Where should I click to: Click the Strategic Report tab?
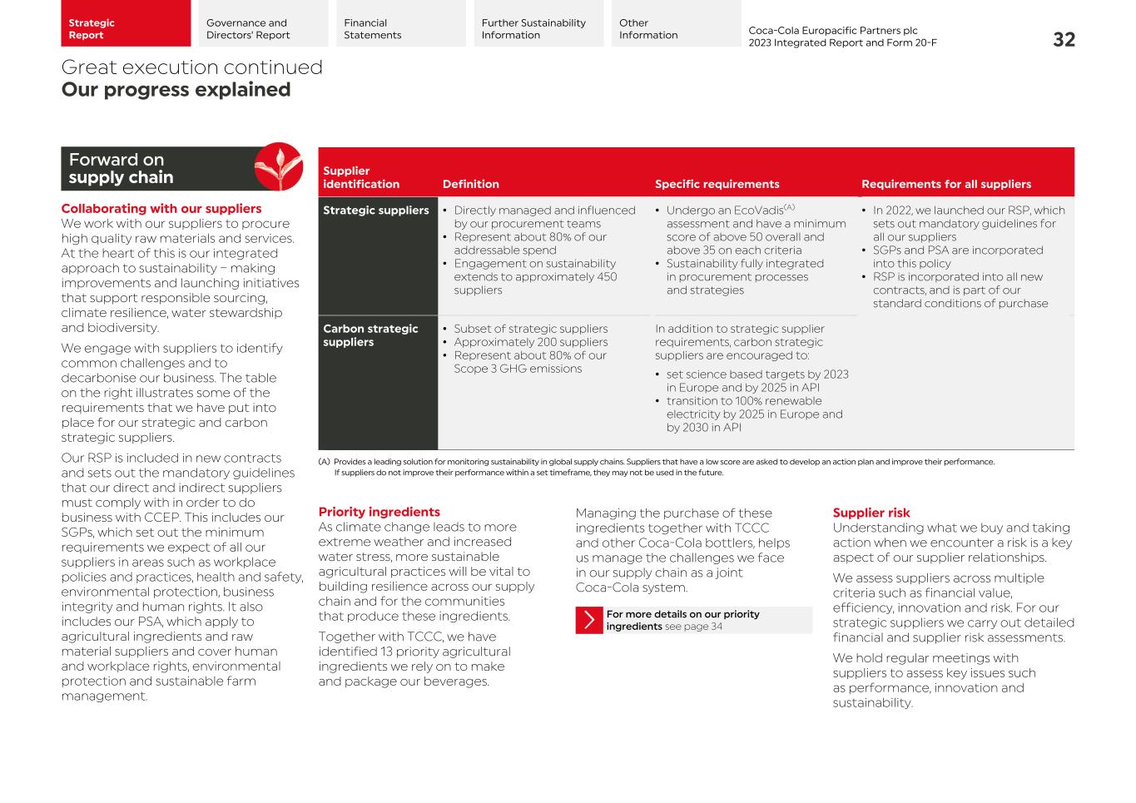[x=125, y=24]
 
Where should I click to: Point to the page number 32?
[x=1064, y=40]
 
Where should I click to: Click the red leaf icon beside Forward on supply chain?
[x=278, y=166]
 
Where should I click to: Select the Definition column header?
[x=470, y=184]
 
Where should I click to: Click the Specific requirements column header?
[x=717, y=184]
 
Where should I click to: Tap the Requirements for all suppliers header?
[x=945, y=184]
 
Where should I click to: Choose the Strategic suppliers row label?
[x=375, y=211]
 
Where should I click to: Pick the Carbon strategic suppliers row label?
[x=370, y=335]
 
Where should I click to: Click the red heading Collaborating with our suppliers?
[x=161, y=209]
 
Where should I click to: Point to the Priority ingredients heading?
[x=379, y=512]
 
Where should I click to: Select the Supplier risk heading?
[x=871, y=513]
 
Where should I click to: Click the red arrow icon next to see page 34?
[x=589, y=620]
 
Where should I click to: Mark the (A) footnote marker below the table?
[x=324, y=462]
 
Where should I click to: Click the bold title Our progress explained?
[x=176, y=90]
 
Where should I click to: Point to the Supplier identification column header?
[x=360, y=177]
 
